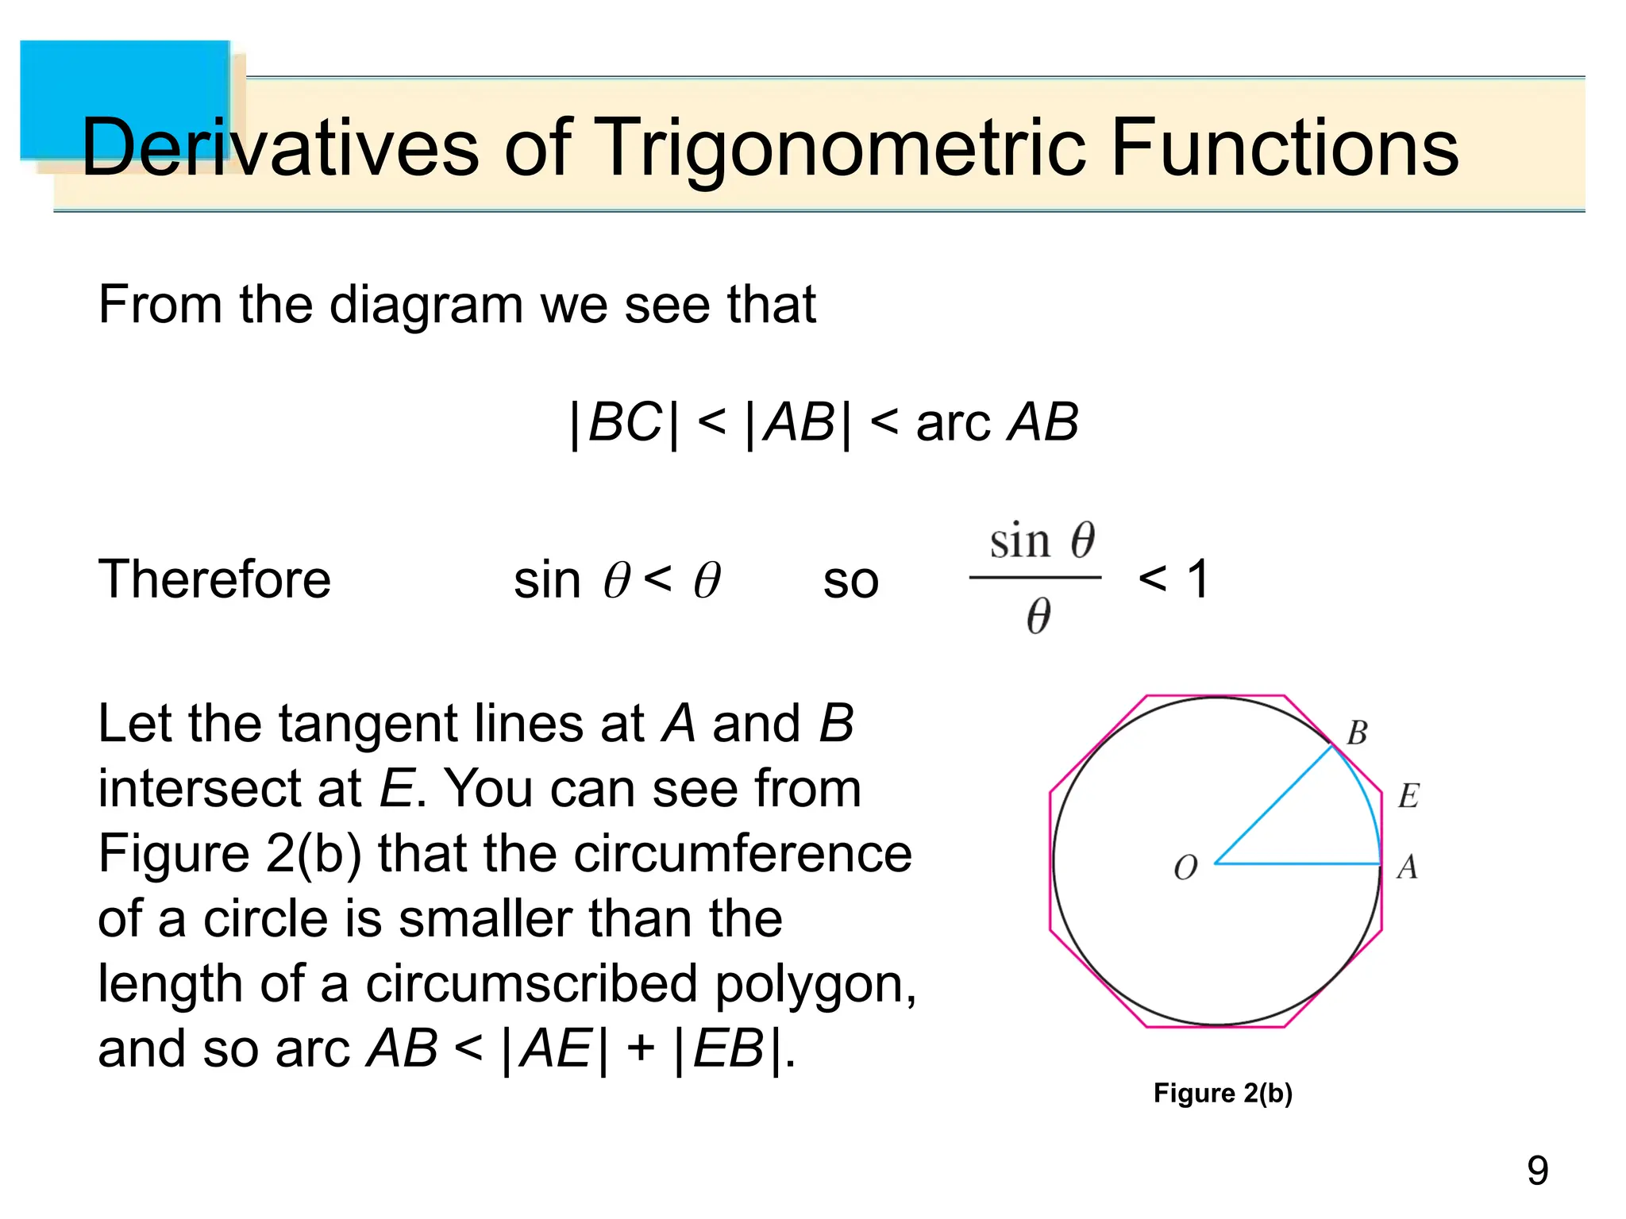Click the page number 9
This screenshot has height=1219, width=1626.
click(x=1537, y=1171)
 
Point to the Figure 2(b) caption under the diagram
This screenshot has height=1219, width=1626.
click(x=1222, y=1094)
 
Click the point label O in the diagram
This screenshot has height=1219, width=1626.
click(x=1185, y=868)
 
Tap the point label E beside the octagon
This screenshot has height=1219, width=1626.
click(x=1408, y=796)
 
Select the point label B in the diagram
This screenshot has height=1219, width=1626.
click(x=1357, y=733)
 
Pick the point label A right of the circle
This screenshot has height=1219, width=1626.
click(x=1407, y=867)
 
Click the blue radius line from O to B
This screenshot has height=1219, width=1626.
click(x=1274, y=804)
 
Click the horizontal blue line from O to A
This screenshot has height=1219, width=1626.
click(x=1298, y=863)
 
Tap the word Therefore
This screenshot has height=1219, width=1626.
click(x=214, y=579)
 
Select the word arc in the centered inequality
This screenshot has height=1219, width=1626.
click(x=953, y=423)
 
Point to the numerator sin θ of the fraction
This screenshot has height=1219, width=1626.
click(x=1041, y=542)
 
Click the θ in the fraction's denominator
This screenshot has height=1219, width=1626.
click(x=1038, y=617)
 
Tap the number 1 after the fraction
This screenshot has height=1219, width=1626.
click(x=1198, y=579)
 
